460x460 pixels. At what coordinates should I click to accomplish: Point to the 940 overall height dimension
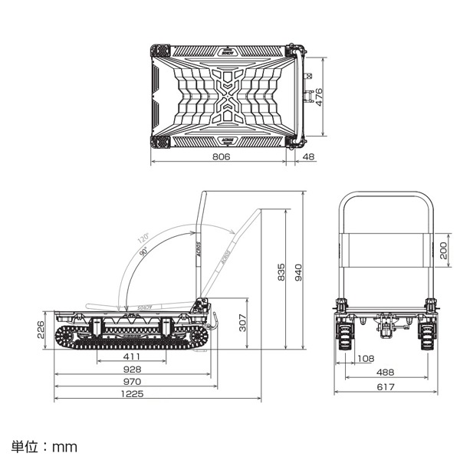(x=298, y=271)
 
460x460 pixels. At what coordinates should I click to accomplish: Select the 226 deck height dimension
(x=42, y=329)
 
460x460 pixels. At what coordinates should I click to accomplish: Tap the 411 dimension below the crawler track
(x=133, y=357)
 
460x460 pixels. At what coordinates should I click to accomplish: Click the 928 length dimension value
(x=133, y=370)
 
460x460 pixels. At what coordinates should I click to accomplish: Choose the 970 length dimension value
(x=133, y=381)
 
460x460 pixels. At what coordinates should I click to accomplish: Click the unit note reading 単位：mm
(x=44, y=445)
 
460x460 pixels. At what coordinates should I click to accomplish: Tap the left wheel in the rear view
(x=344, y=336)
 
